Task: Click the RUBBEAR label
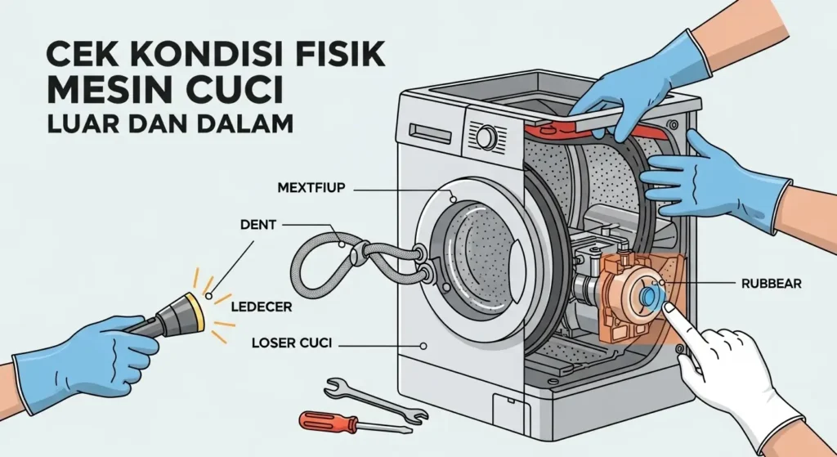770,285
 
